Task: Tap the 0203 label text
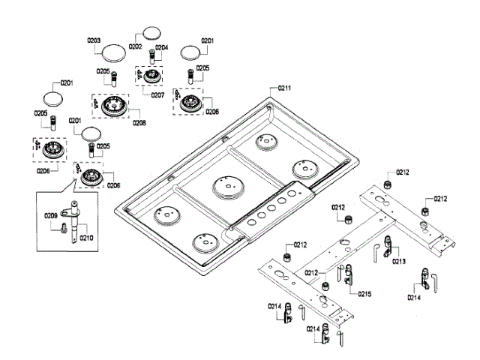point(94,40)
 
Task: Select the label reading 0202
point(134,46)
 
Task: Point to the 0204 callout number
point(161,47)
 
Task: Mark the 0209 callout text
point(51,216)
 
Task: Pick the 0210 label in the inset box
point(87,238)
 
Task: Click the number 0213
point(398,261)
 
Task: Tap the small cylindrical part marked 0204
point(153,57)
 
